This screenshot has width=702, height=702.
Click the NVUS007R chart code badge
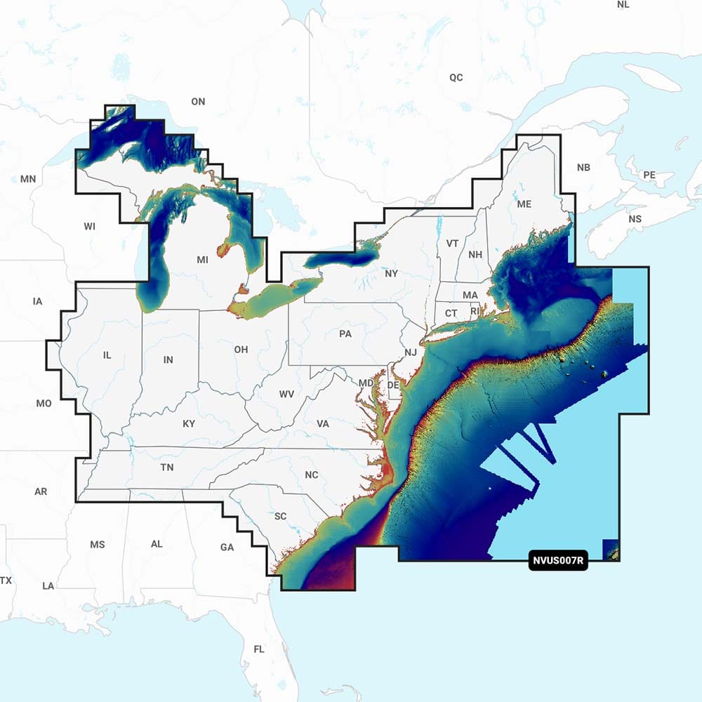(x=557, y=562)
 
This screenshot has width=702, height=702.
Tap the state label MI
(x=202, y=260)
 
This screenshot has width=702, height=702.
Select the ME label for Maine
(x=524, y=204)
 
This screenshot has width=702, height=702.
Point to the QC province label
(x=456, y=77)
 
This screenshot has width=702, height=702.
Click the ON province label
(x=198, y=102)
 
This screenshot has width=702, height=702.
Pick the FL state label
(x=259, y=649)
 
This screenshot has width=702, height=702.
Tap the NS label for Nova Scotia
(x=635, y=219)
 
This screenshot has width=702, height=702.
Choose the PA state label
(x=345, y=333)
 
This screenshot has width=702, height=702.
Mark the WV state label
(x=286, y=394)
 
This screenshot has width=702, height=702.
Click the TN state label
(x=167, y=468)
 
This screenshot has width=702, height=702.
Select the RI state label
(x=474, y=311)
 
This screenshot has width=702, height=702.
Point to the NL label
(x=623, y=5)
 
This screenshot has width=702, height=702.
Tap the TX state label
(x=6, y=581)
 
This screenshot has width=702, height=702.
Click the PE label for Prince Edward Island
(x=649, y=174)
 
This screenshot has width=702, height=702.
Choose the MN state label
(x=28, y=179)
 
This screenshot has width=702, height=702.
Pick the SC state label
(x=280, y=517)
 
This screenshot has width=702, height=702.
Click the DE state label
(x=393, y=385)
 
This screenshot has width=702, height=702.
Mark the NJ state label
(x=411, y=352)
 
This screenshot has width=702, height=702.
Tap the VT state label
(x=452, y=243)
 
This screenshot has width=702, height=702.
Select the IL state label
(x=107, y=355)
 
